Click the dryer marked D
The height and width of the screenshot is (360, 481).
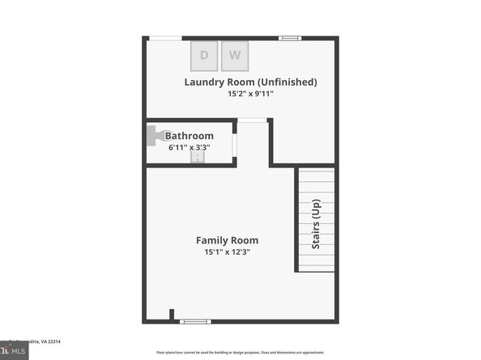204,56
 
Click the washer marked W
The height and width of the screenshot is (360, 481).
235,56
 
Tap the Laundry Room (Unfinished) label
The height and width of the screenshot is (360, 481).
250,82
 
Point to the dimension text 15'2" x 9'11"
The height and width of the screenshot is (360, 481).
250,94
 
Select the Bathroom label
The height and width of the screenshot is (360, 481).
189,136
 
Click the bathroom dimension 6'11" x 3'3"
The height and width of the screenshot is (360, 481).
190,147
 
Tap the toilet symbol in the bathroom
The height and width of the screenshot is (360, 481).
153,136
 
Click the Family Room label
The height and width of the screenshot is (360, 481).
228,240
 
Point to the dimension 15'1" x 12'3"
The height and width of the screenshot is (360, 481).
228,252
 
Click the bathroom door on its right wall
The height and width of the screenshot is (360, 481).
235,143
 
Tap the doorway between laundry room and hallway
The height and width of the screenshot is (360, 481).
253,121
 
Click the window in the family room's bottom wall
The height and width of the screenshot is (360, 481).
195,321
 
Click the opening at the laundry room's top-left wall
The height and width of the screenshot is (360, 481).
164,38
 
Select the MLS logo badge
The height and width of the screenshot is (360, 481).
14,352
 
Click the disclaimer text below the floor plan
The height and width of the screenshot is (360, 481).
240,353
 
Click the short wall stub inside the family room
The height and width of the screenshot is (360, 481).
171,315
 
